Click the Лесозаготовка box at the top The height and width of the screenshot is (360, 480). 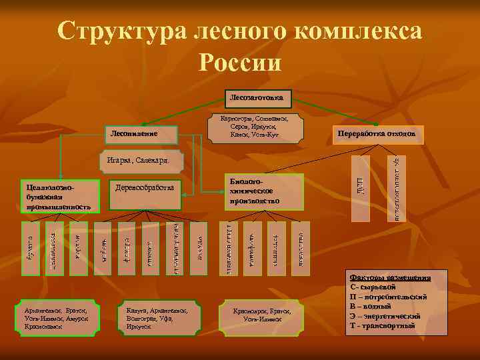257,98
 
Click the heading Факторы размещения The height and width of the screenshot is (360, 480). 391,277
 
